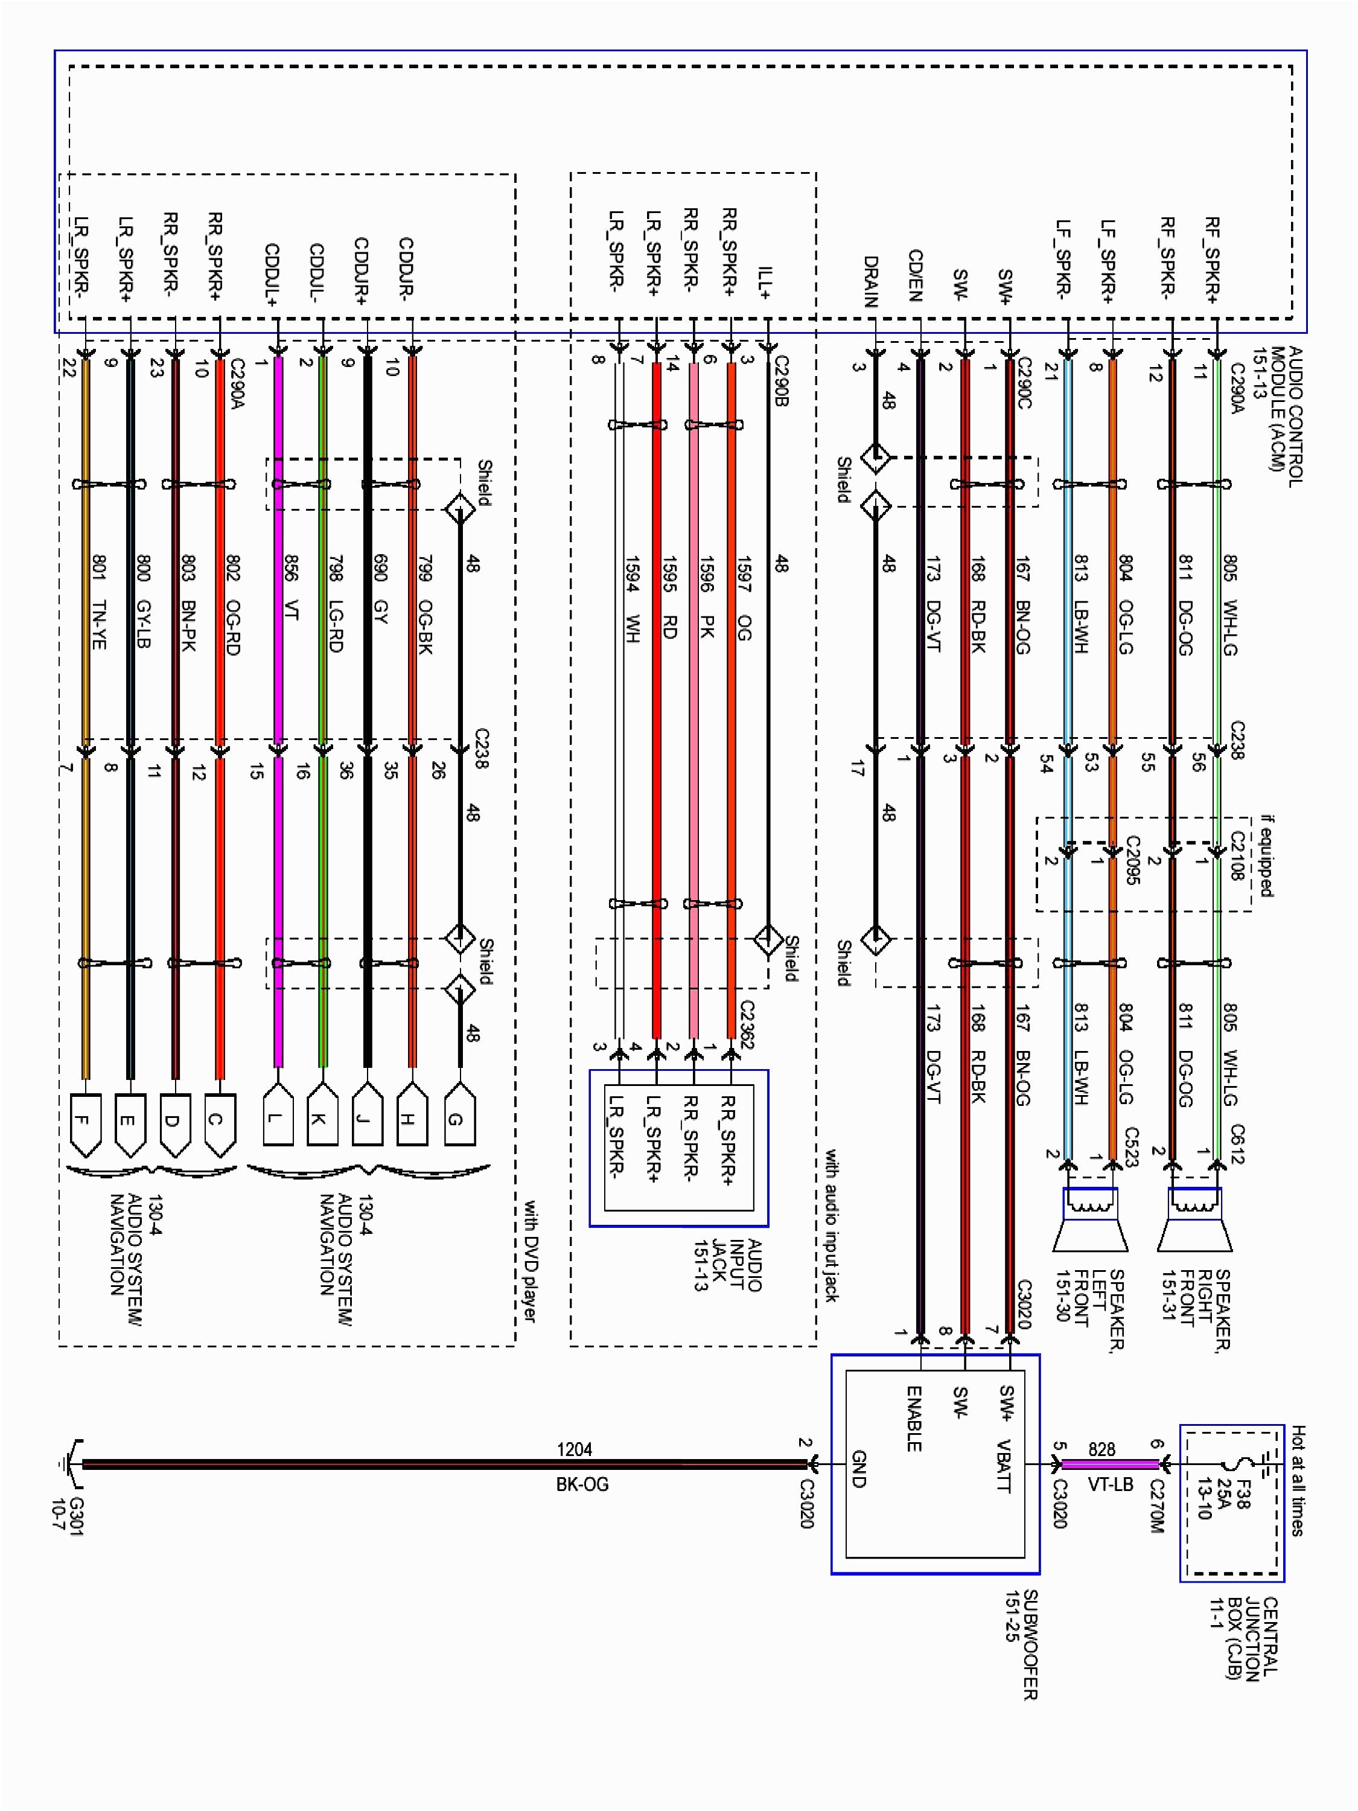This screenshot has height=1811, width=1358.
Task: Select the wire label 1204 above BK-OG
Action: pyautogui.click(x=574, y=1450)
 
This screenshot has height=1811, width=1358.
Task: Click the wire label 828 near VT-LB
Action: pyautogui.click(x=1101, y=1450)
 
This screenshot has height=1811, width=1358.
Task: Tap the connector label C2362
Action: pyautogui.click(x=747, y=1023)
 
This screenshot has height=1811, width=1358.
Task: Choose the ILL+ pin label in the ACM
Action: pyautogui.click(x=765, y=283)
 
